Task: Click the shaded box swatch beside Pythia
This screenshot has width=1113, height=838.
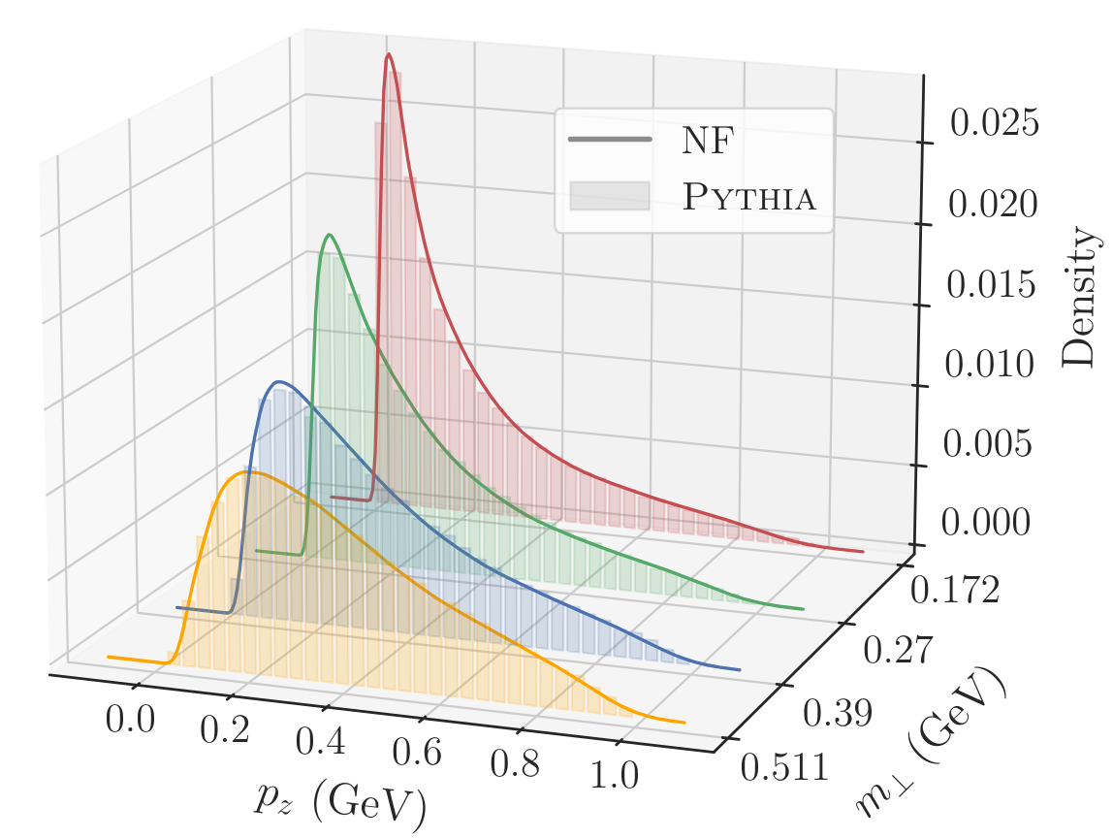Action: pos(608,196)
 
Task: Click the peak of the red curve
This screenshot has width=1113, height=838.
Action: pos(389,55)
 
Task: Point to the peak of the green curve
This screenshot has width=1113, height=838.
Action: pos(330,235)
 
